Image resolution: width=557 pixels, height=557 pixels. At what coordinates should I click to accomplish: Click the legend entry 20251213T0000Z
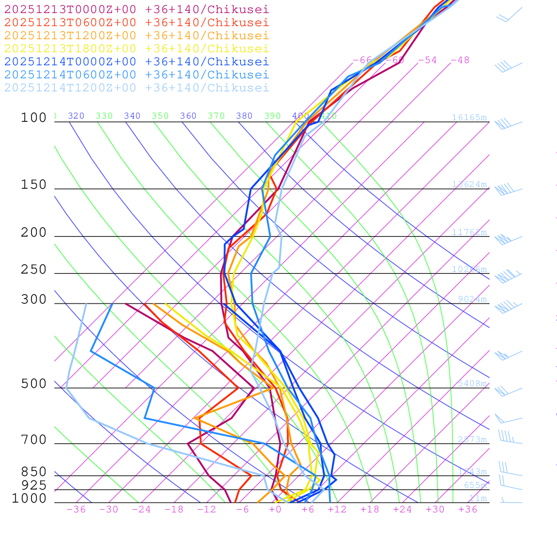tap(136, 9)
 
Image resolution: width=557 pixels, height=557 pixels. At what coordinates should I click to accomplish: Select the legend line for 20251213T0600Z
tap(136, 22)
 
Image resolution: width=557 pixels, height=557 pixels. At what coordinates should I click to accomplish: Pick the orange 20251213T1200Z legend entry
tap(136, 35)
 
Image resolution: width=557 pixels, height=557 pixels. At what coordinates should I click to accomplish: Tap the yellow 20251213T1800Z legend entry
tap(136, 48)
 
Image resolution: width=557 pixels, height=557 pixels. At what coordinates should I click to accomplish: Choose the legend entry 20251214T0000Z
tap(136, 61)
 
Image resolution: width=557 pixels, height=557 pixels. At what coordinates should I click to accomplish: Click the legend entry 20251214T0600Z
tap(136, 75)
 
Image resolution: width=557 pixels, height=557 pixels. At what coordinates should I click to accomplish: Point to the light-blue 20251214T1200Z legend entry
tap(136, 88)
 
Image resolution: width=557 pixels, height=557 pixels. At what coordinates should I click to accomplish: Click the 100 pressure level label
tap(34, 117)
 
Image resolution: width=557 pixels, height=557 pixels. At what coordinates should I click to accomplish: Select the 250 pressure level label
tap(34, 270)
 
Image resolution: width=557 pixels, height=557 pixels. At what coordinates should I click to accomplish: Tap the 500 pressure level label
tap(34, 384)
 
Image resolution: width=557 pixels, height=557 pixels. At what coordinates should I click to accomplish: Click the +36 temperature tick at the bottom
tap(467, 509)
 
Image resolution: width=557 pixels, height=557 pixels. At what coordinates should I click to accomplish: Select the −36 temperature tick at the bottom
tap(76, 509)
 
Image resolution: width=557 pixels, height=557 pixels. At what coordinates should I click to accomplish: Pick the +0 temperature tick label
tap(275, 509)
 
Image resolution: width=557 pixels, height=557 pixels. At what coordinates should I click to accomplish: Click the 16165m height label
tap(469, 117)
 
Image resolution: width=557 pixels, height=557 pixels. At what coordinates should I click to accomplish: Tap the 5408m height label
tap(472, 383)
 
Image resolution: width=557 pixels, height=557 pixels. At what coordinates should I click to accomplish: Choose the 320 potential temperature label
tap(76, 116)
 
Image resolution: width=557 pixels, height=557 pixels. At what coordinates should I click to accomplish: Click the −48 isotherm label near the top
tap(460, 60)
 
